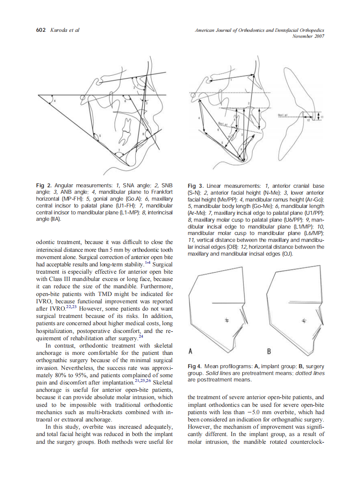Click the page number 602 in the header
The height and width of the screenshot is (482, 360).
click(41, 30)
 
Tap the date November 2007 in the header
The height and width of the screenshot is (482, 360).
click(308, 36)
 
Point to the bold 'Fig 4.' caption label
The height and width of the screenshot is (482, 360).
click(195, 366)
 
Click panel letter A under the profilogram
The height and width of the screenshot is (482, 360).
click(190, 351)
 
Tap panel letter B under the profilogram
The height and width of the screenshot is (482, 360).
click(269, 351)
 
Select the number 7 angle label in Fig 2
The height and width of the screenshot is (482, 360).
click(119, 150)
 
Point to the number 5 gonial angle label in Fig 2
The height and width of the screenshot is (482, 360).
click(101, 136)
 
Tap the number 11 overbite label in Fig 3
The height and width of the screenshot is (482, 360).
click(323, 116)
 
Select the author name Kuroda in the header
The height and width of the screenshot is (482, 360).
click(59, 30)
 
